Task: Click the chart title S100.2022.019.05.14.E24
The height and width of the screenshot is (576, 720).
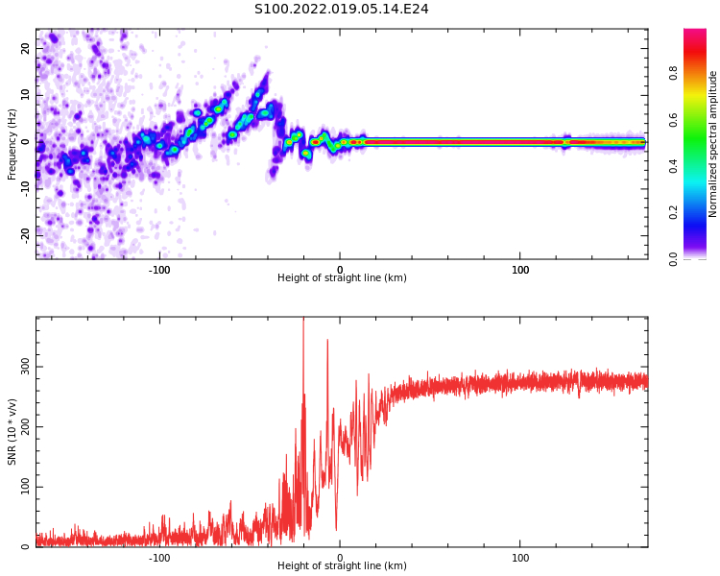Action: [x=341, y=10]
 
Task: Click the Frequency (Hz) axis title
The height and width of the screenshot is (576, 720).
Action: [x=12, y=144]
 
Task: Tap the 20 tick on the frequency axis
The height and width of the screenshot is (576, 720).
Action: [x=26, y=48]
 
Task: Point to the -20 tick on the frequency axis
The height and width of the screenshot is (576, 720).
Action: [x=26, y=233]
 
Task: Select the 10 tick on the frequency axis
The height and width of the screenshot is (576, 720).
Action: [x=26, y=95]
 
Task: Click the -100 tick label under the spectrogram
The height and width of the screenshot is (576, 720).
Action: [x=159, y=270]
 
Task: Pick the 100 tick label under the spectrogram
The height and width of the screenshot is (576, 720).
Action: [x=520, y=270]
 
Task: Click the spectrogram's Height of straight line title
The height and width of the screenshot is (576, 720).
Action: [x=342, y=278]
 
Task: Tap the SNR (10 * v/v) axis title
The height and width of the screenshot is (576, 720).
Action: [x=12, y=432]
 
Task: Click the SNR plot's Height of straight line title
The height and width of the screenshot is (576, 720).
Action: [x=342, y=566]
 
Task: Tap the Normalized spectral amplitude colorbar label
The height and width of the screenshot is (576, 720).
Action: [x=713, y=144]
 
